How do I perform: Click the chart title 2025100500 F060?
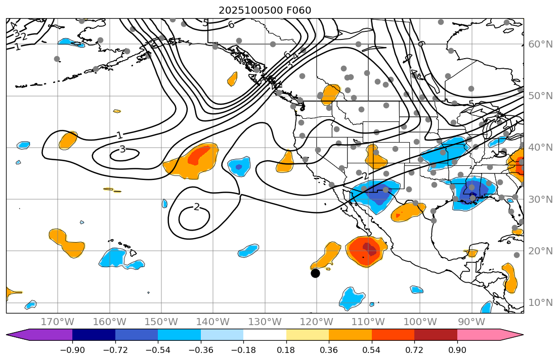click(x=265, y=10)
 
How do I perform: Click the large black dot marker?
click(x=315, y=273)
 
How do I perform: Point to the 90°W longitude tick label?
click(x=471, y=322)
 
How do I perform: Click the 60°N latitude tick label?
click(x=540, y=44)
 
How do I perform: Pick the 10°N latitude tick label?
click(x=540, y=303)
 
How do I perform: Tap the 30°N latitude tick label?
click(x=540, y=199)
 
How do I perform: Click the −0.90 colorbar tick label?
click(x=72, y=350)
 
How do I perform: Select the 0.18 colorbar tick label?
click(x=286, y=350)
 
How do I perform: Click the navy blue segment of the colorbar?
click(x=94, y=335)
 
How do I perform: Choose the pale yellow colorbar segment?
click(x=308, y=335)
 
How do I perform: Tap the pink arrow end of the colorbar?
click(x=511, y=335)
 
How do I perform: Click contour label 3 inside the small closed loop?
click(x=122, y=150)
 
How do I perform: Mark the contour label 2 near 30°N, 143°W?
click(x=196, y=207)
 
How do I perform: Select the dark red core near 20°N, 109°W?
click(x=372, y=249)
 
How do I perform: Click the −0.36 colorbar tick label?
click(x=201, y=350)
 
